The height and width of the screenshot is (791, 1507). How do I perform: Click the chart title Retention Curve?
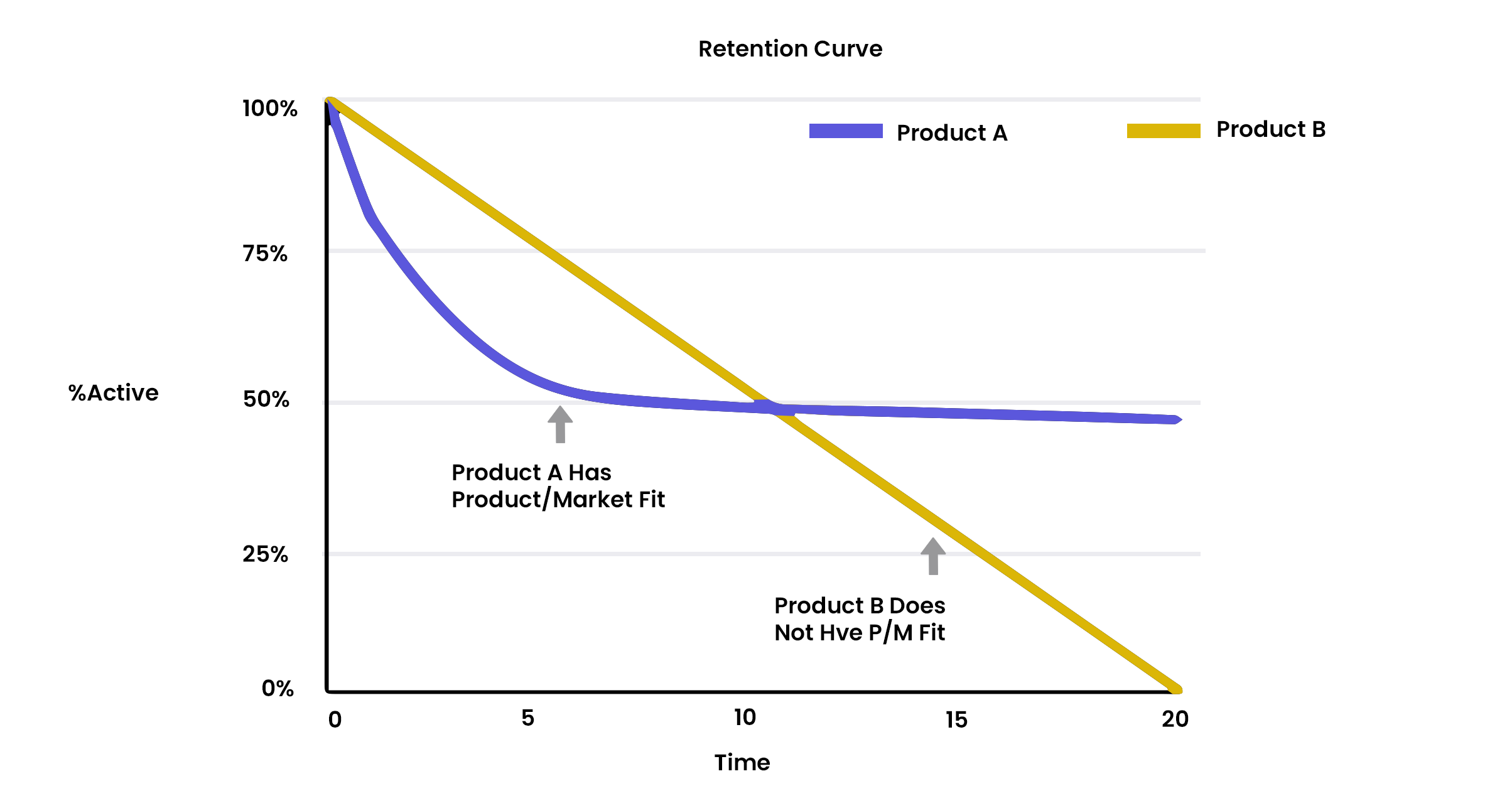click(x=790, y=49)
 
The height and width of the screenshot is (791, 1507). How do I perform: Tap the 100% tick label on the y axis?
click(x=270, y=109)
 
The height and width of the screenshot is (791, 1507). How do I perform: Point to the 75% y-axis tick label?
click(x=265, y=254)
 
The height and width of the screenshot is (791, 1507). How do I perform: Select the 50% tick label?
click(x=266, y=399)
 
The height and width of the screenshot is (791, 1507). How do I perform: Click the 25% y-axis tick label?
click(x=266, y=554)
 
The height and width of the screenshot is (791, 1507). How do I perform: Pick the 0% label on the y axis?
click(x=278, y=689)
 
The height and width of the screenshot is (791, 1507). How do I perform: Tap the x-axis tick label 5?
click(x=527, y=718)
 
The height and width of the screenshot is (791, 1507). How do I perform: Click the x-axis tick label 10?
click(x=745, y=718)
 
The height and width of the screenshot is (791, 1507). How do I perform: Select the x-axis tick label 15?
click(x=956, y=720)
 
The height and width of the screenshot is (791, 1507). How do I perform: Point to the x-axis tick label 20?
click(x=1175, y=719)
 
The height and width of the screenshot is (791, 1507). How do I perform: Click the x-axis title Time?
click(x=742, y=763)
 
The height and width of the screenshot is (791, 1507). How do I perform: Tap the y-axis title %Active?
click(x=114, y=393)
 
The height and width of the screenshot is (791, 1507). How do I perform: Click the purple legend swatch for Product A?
click(x=846, y=131)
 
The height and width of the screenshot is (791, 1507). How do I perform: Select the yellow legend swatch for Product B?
click(x=1164, y=131)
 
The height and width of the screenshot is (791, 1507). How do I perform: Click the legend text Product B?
click(x=1271, y=129)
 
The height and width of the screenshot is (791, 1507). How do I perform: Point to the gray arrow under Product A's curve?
click(x=560, y=424)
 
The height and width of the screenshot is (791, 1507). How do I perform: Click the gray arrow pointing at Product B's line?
click(x=933, y=556)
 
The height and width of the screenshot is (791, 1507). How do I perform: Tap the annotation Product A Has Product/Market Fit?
click(x=558, y=486)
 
